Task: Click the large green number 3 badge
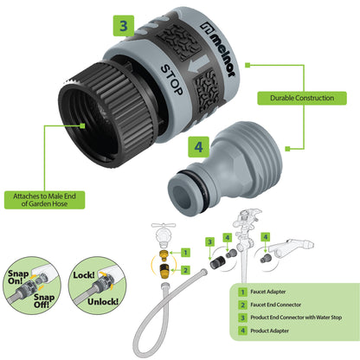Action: pos(125,26)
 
